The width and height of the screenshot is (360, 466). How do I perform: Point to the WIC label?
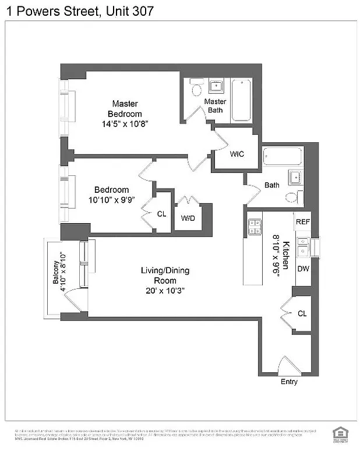tap(237, 154)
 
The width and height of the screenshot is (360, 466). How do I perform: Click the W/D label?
tap(188, 218)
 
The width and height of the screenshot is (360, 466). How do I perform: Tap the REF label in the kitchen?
tap(302, 222)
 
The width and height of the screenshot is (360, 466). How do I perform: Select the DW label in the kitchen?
tap(303, 269)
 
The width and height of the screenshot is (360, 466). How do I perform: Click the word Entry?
tap(289, 382)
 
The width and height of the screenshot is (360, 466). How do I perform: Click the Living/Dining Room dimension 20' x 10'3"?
tap(165, 290)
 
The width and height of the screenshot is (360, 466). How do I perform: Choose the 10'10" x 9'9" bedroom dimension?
tap(111, 200)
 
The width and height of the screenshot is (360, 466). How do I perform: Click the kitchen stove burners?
tap(254, 226)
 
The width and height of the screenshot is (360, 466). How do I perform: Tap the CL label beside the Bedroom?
tap(162, 214)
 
